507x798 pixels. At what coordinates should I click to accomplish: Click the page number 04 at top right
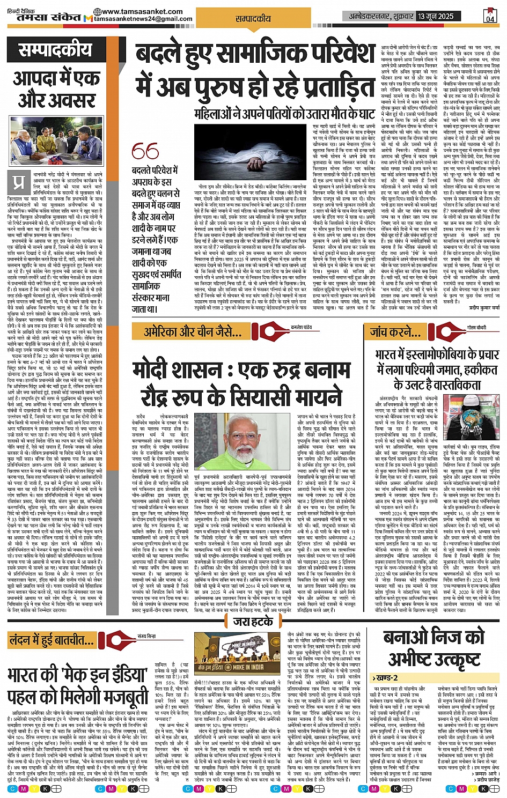[489, 16]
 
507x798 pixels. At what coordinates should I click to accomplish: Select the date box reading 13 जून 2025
[436, 16]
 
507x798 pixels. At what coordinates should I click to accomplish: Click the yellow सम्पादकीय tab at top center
[253, 18]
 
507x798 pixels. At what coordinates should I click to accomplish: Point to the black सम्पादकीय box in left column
[55, 51]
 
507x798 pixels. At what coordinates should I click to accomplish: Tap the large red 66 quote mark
[145, 152]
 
